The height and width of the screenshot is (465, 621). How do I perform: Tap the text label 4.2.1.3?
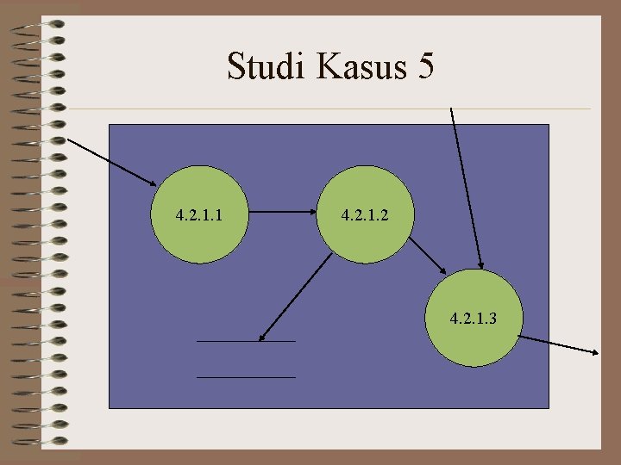tap(473, 319)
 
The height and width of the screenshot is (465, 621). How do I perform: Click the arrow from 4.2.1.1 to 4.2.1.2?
tap(281, 211)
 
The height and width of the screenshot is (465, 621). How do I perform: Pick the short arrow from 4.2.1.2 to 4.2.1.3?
tap(426, 256)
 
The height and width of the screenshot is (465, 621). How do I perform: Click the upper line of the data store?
tap(246, 342)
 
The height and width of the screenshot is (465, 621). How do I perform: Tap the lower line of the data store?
tap(246, 377)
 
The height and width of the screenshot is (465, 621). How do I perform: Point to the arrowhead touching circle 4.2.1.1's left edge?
tap(152, 182)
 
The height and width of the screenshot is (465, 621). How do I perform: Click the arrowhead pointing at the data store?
tap(262, 336)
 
